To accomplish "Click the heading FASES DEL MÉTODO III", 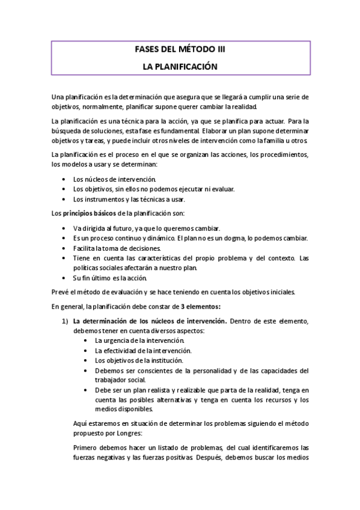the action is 180,51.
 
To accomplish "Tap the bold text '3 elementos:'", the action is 201,307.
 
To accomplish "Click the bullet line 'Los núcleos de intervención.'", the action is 114,179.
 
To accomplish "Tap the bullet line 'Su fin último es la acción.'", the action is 109,278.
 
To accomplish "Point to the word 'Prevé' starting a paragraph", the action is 61,292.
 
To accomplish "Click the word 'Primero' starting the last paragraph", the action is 86,447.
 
